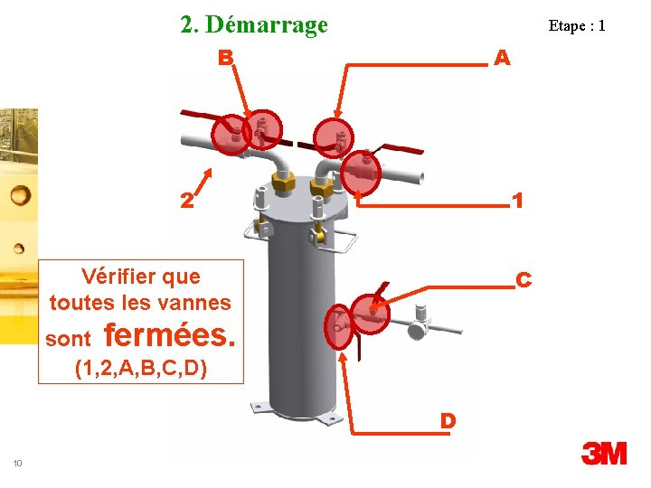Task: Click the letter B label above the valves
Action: click(226, 59)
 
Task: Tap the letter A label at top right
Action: click(503, 59)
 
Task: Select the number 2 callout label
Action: click(185, 201)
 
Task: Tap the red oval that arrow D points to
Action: click(339, 325)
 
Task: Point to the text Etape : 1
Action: click(576, 25)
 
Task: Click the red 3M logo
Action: click(604, 453)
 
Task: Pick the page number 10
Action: click(18, 464)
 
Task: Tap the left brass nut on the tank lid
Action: click(281, 183)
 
